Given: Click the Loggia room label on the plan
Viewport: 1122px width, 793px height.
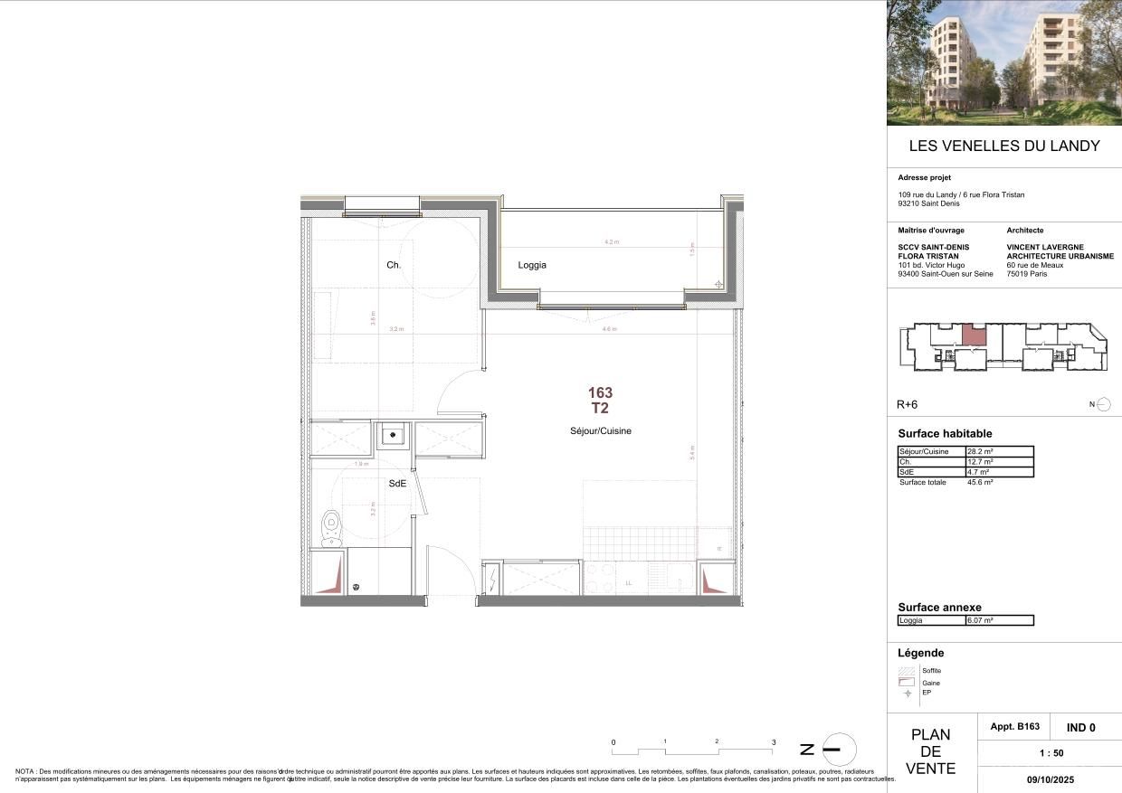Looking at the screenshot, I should pos(532,265).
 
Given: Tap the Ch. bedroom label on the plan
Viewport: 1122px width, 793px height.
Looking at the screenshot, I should pos(394,265).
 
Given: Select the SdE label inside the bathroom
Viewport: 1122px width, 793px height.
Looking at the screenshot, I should pos(397,484).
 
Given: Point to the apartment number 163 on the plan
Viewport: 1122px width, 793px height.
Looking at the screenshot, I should pos(600,392).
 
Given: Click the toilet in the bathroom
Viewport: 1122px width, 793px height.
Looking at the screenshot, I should pos(331,524).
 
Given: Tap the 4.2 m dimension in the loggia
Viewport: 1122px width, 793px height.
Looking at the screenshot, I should pos(612,242).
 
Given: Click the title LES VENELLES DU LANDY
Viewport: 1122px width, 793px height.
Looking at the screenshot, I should pos(1003,146).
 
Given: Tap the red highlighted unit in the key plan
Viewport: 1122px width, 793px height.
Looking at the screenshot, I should pos(973,335).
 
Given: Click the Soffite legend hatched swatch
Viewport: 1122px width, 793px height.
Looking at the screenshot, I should pos(907,671).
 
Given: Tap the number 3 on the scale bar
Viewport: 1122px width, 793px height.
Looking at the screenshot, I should pos(774,742).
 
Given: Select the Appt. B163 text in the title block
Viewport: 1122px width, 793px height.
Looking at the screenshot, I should pos(1015,727).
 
